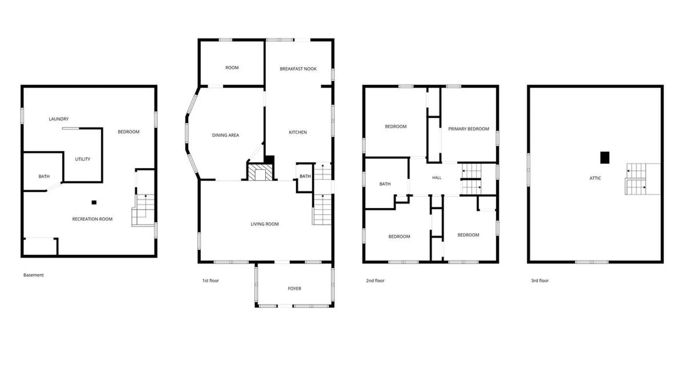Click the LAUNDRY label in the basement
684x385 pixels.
click(59, 119)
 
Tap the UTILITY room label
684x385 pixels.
click(83, 159)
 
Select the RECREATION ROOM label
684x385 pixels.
click(92, 219)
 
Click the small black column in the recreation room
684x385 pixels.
click(94, 202)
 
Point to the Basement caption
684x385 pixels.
click(33, 275)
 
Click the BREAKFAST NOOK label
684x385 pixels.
click(298, 69)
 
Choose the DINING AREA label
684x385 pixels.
click(226, 135)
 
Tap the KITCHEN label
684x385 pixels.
click(298, 132)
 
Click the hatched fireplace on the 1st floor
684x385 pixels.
click(260, 172)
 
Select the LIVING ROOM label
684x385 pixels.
click(265, 224)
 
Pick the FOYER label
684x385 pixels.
click(295, 289)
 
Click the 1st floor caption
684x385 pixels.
click(211, 281)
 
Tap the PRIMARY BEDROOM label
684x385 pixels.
click(468, 129)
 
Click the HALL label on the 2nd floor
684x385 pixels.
click(437, 178)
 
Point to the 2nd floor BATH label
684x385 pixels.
click(385, 184)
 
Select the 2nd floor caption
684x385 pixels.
click(375, 281)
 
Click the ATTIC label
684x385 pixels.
click(595, 178)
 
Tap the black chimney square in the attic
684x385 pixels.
click(605, 158)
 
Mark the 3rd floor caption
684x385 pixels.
click(540, 281)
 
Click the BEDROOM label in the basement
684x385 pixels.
click(129, 132)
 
